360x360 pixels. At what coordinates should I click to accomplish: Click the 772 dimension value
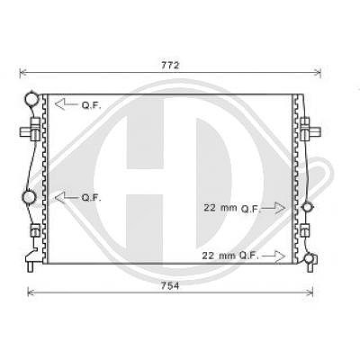click(170, 65)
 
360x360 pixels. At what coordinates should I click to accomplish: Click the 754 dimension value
click(170, 286)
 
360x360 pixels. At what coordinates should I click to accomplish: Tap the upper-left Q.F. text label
click(92, 105)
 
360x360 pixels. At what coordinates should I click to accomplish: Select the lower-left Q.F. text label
click(92, 198)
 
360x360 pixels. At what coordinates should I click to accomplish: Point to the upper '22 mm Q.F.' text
click(232, 208)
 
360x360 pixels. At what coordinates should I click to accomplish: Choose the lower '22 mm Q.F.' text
click(230, 256)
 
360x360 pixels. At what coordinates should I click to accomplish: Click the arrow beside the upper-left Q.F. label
click(66, 104)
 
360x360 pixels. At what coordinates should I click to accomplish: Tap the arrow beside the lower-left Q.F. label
click(66, 197)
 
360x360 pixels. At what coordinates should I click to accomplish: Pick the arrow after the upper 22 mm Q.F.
click(274, 208)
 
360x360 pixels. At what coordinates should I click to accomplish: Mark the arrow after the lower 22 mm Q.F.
click(274, 256)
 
